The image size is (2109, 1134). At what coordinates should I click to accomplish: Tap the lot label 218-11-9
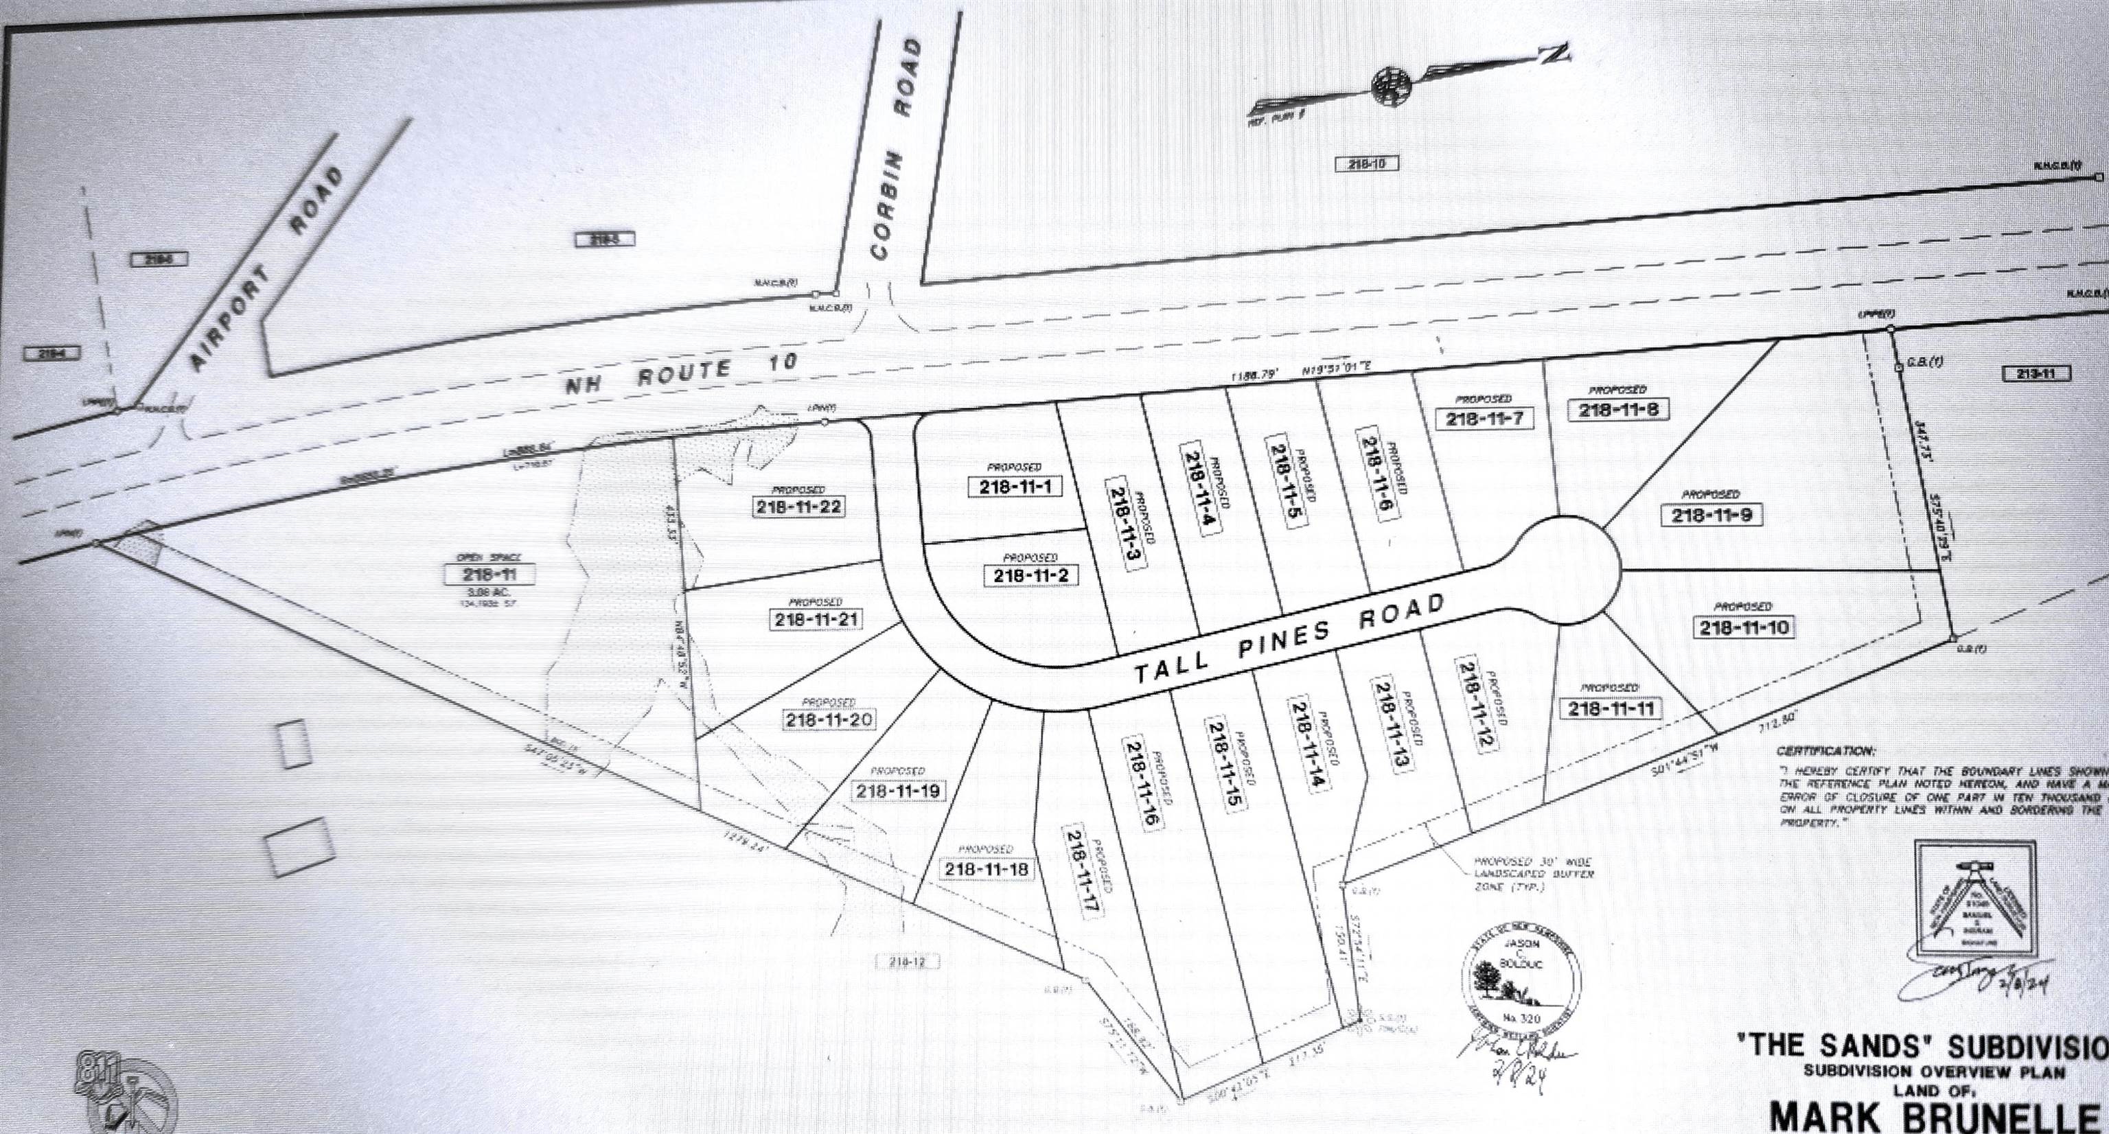tap(1711, 515)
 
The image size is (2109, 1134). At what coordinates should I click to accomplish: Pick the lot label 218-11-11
tap(1611, 708)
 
